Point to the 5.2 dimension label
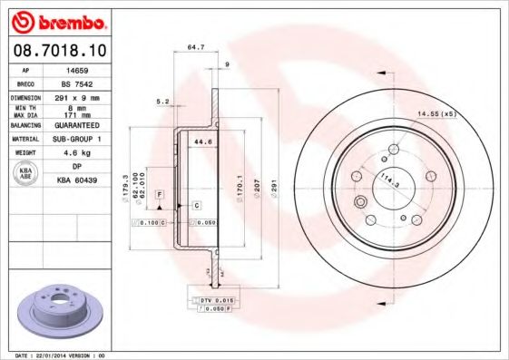[x=162, y=101]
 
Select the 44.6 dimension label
[x=202, y=142]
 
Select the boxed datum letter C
[x=195, y=207]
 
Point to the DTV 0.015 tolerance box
[x=213, y=297]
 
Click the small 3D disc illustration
[x=60, y=311]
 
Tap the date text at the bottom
[x=54, y=355]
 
